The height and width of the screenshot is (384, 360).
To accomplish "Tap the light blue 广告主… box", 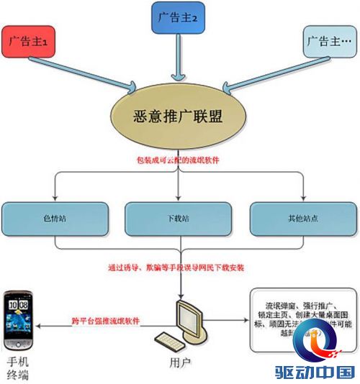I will pos(328,42).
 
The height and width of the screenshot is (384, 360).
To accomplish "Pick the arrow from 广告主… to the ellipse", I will pos(266,73).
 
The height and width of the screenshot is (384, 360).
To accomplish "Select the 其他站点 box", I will pos(302,216).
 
